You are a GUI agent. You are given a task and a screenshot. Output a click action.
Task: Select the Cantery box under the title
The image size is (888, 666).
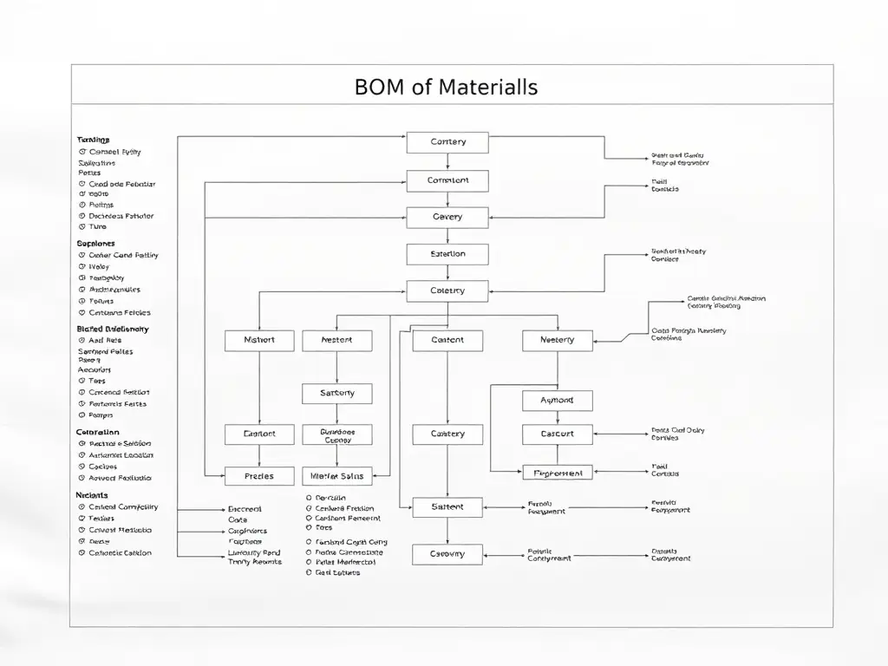[447, 142]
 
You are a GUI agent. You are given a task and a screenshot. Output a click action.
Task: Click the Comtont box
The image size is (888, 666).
[447, 180]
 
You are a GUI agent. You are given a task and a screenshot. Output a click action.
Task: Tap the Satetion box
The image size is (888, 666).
[447, 254]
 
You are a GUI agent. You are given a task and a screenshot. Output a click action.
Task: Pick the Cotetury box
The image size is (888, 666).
[447, 291]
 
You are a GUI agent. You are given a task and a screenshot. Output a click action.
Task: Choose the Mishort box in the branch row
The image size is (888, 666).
[259, 341]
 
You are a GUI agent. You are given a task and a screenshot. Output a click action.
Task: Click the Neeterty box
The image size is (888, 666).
[558, 341]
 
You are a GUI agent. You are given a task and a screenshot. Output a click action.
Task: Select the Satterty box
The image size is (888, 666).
[337, 394]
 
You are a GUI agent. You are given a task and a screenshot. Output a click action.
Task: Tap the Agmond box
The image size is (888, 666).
[558, 401]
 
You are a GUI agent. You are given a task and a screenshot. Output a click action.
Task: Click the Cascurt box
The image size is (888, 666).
[558, 434]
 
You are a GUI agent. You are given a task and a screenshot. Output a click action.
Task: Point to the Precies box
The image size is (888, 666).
[259, 476]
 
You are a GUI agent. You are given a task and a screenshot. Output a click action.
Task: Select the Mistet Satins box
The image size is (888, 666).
[337, 476]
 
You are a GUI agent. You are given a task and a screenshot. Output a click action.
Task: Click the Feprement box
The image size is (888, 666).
[558, 473]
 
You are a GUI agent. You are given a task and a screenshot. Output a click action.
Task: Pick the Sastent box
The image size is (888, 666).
[447, 507]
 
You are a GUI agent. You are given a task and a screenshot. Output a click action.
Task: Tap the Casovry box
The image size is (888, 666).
[447, 554]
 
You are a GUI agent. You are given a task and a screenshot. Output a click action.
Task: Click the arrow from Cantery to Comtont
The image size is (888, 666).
[447, 162]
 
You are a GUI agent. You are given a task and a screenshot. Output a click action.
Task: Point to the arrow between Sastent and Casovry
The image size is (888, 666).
[447, 531]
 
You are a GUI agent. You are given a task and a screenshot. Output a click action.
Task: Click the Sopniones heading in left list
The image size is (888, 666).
[95, 245]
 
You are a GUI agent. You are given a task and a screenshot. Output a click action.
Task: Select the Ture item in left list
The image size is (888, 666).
[98, 227]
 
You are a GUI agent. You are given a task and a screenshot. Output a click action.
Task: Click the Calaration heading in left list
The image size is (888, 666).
[98, 432]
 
